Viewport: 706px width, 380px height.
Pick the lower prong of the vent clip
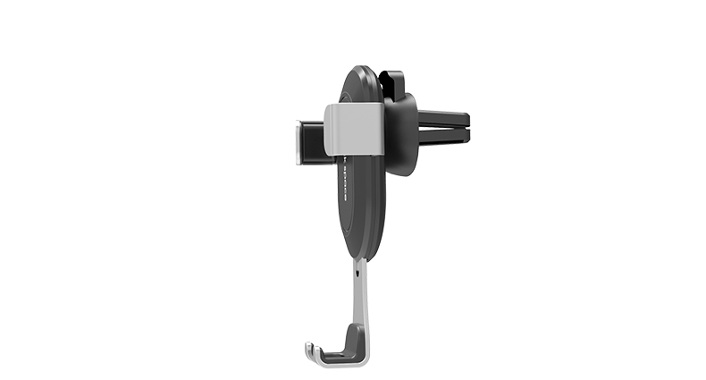[444, 136]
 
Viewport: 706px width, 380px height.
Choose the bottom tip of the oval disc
[357, 258]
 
